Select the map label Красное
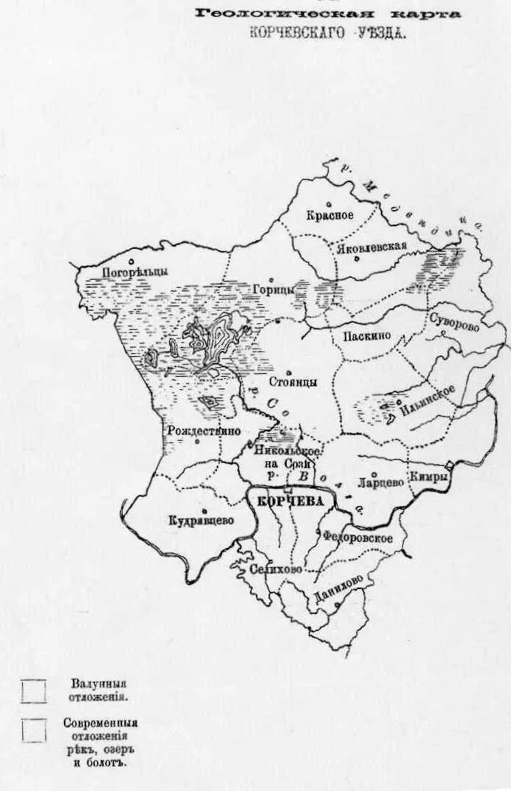coord(330,215)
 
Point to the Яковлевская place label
coord(372,248)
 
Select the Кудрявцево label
coord(201,520)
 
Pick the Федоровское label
coord(357,538)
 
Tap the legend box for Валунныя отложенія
coord(33,691)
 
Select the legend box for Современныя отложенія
coord(33,730)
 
